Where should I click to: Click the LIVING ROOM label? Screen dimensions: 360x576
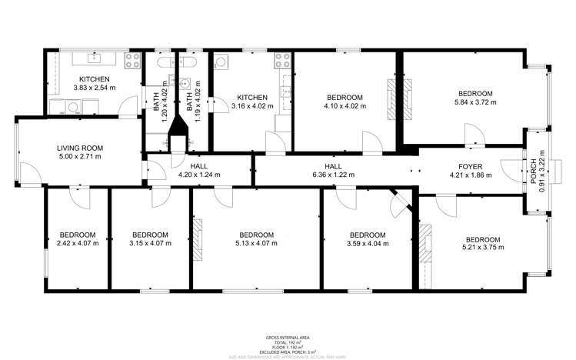pyautogui.click(x=80, y=148)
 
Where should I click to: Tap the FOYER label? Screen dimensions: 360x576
pyautogui.click(x=470, y=165)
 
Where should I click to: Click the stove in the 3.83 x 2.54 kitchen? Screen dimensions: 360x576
pyautogui.click(x=130, y=58)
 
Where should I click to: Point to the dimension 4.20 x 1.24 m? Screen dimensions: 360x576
pyautogui.click(x=199, y=175)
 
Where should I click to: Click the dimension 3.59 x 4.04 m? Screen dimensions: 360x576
pyautogui.click(x=368, y=245)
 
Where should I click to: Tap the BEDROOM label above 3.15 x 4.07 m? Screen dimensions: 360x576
pyautogui.click(x=150, y=235)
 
